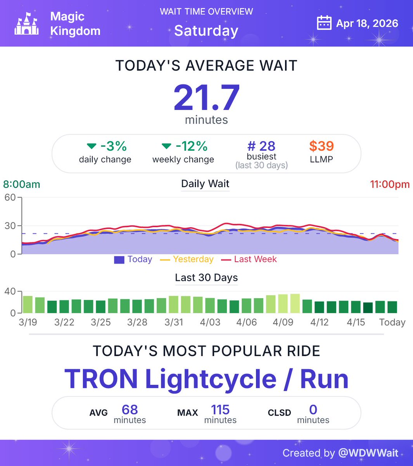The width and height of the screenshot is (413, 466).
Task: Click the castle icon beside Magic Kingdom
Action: point(26,23)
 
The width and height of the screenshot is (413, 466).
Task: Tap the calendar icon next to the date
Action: point(324,23)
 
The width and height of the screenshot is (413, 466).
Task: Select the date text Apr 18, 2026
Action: point(367,23)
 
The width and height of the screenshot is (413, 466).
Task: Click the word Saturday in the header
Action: point(206,31)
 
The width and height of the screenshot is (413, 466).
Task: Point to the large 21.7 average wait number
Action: point(206,97)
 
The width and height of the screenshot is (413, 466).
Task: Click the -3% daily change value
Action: point(113,146)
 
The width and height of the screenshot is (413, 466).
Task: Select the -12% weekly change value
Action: point(191,146)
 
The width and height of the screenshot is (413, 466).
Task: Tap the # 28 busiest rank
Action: point(261,146)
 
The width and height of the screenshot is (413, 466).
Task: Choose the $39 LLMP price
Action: point(321,146)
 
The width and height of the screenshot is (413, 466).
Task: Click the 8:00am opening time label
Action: point(22,184)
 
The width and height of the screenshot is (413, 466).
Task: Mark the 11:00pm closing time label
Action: point(389,184)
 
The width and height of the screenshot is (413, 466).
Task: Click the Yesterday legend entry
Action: point(193,259)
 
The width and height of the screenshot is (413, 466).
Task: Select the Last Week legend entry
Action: point(255,259)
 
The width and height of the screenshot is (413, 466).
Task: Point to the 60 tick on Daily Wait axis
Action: point(10,197)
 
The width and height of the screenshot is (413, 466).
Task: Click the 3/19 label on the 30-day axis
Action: point(28,322)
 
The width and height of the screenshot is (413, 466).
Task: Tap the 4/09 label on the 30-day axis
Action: point(283,322)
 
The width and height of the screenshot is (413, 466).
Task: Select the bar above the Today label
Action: point(392,307)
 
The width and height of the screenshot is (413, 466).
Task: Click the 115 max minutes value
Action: point(220,410)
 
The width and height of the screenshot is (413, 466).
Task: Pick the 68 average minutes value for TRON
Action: point(130,410)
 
